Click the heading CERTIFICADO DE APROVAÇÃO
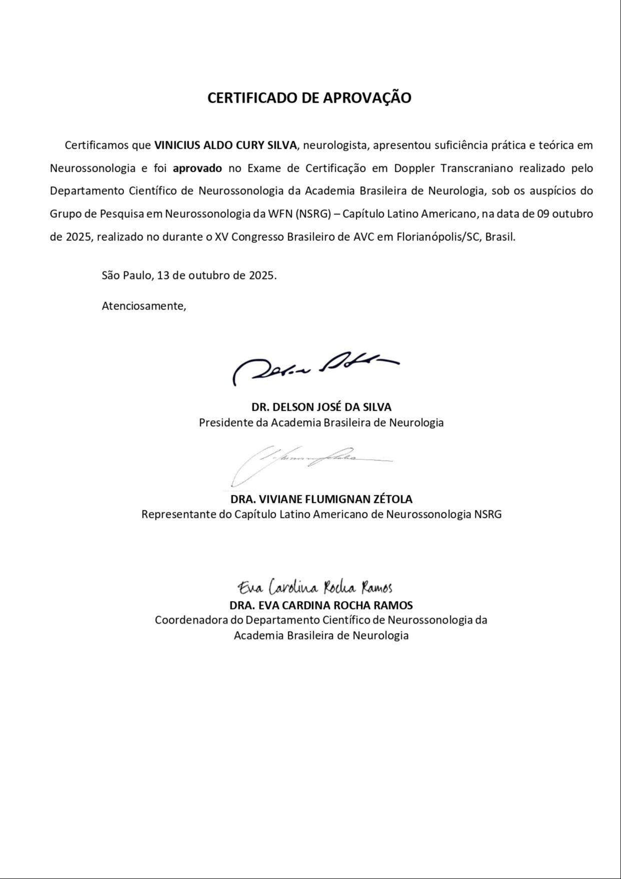pos(309,98)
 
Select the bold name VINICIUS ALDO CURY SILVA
pos(225,145)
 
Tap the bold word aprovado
pos(197,168)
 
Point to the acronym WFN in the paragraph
pos(280,214)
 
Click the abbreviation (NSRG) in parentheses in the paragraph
pos(314,214)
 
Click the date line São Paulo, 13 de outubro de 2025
pos(189,275)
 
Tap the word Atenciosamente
pos(144,306)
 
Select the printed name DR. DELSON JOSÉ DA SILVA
pos(321,407)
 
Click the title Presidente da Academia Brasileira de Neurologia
pos(321,422)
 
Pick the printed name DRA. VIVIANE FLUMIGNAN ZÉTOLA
pos(321,499)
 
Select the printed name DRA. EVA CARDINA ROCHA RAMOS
pos(321,605)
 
